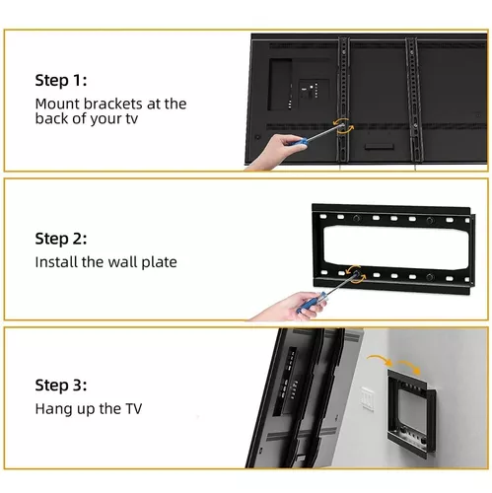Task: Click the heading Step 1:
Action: [x=61, y=81]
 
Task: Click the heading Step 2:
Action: [x=61, y=239]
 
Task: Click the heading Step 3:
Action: [x=61, y=386]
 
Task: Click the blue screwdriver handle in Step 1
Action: [x=299, y=143]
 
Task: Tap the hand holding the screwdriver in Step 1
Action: [x=278, y=152]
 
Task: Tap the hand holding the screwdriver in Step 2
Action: [x=289, y=307]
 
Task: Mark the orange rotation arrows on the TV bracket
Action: [x=343, y=126]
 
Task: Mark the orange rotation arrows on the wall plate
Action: [x=356, y=273]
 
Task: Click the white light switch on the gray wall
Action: [x=368, y=399]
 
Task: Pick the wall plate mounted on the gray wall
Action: [x=411, y=415]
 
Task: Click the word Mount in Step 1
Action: [x=57, y=104]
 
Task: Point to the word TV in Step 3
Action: [x=133, y=409]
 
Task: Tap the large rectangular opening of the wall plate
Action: [x=396, y=247]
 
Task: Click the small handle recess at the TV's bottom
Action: [x=380, y=146]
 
